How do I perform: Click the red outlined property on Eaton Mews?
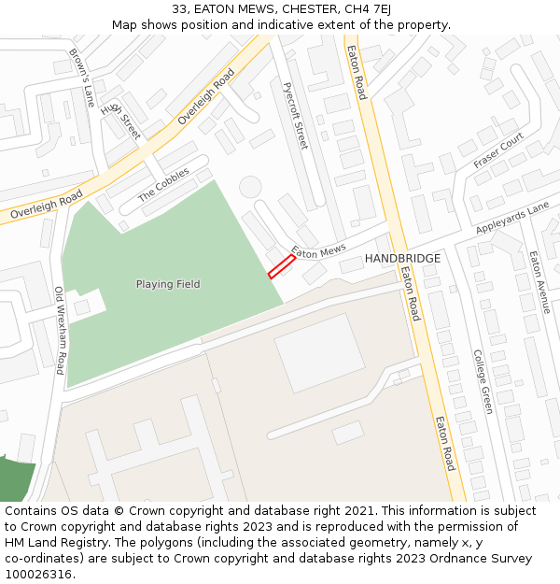[x=282, y=267]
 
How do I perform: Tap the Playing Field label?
[x=168, y=284]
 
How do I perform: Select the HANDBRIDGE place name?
[x=402, y=258]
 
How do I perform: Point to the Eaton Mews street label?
[x=318, y=251]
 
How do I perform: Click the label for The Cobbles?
[x=163, y=185]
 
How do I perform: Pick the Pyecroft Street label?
[x=295, y=115]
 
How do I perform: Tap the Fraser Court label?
[x=498, y=150]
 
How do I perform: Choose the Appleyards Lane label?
[x=512, y=221]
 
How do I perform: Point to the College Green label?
[x=482, y=381]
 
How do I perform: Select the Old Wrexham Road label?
[x=59, y=330]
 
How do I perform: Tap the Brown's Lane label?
[x=82, y=77]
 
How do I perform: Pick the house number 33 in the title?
[x=179, y=9]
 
